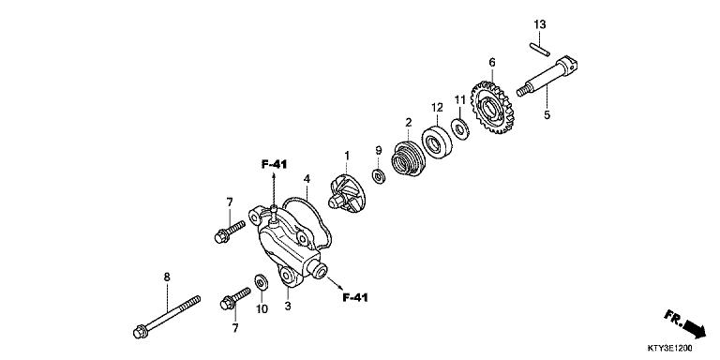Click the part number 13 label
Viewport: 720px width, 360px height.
(540, 23)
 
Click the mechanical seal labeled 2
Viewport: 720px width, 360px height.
(409, 157)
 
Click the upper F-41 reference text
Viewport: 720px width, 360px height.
(274, 164)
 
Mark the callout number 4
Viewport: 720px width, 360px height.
(307, 178)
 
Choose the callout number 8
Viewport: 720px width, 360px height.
(167, 277)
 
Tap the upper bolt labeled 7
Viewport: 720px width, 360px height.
(225, 231)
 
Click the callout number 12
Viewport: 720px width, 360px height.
(436, 107)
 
